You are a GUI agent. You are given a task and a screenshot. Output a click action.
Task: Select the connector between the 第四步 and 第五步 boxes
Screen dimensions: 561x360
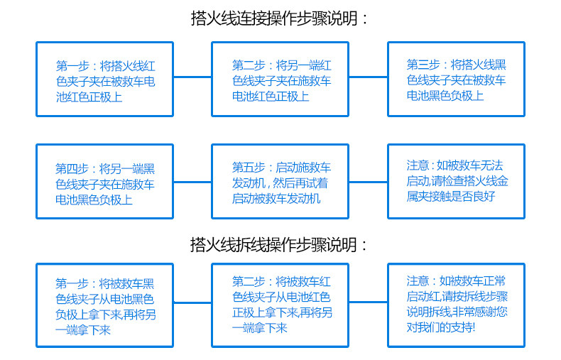click(x=192, y=182)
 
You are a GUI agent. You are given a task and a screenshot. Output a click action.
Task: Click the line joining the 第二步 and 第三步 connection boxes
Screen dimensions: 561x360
click(x=368, y=77)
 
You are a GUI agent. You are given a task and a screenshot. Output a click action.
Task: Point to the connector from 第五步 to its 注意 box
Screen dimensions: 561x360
click(x=368, y=182)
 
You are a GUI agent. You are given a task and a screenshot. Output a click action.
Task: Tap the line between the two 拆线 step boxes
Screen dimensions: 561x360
click(x=192, y=302)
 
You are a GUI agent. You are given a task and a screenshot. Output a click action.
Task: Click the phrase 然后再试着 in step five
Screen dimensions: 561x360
click(x=300, y=183)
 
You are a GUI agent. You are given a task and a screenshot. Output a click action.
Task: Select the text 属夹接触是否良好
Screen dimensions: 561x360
click(x=451, y=196)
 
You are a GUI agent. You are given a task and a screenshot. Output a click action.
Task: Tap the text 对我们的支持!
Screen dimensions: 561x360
click(x=441, y=327)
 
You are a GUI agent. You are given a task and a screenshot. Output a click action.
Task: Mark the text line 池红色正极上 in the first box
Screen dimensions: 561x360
click(x=89, y=97)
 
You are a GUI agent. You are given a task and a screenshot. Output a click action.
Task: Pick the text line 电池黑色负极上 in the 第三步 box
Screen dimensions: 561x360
click(x=445, y=96)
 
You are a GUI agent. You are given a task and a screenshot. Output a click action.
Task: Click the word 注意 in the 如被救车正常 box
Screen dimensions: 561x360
click(x=418, y=281)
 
